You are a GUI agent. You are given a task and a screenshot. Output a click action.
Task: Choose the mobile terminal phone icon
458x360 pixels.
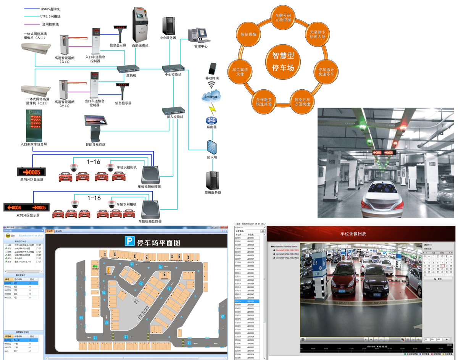[212, 69]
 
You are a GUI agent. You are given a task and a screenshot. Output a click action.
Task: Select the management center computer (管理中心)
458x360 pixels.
[198, 36]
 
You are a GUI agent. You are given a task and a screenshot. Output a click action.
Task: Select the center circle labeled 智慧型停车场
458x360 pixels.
[283, 62]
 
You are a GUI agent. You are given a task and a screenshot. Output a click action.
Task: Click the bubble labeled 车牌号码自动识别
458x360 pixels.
[283, 17]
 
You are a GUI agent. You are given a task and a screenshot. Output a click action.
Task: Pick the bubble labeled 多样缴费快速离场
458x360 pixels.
[264, 101]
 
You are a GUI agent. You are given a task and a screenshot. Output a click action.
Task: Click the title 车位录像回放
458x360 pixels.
[353, 234]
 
